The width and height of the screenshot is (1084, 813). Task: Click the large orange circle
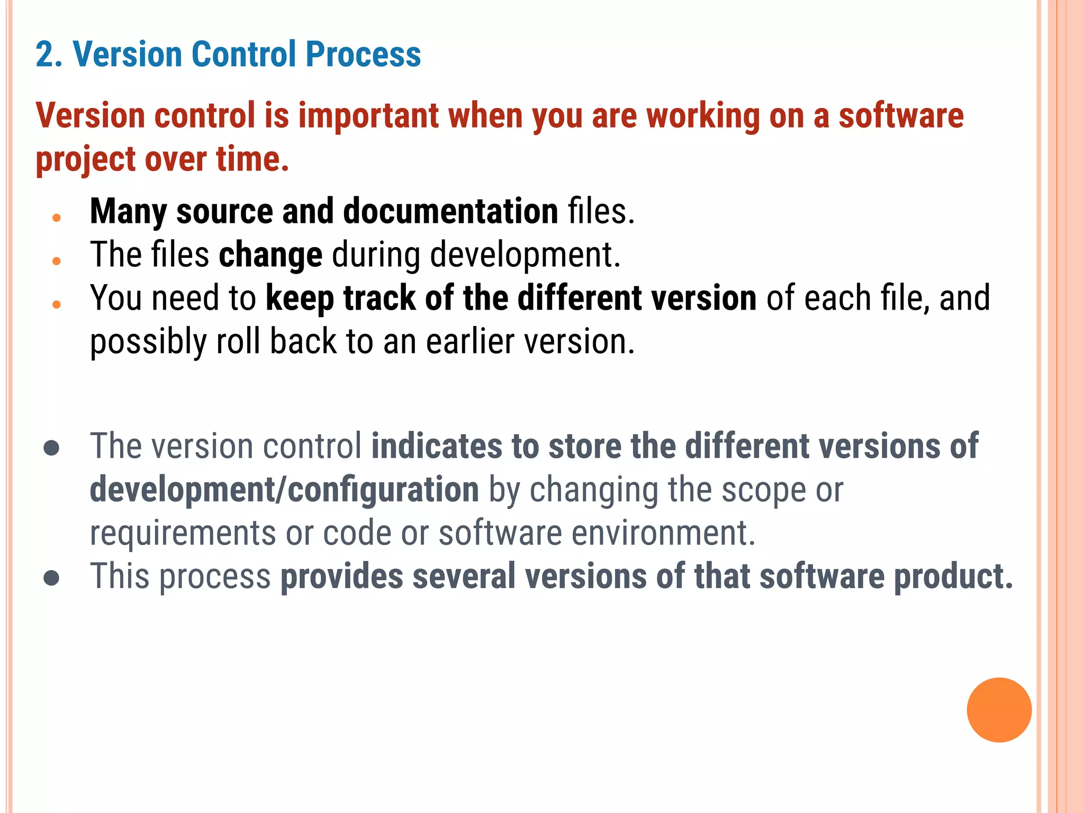point(999,710)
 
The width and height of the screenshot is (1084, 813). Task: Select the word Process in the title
point(363,55)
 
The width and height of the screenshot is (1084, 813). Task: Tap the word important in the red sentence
point(368,116)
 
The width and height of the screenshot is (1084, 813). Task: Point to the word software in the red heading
point(901,116)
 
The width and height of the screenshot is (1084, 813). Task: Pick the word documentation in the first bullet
point(450,211)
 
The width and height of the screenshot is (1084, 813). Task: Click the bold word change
point(270,255)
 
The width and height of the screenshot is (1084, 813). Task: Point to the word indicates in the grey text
point(437,446)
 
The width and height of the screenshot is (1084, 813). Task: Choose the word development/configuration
point(284,490)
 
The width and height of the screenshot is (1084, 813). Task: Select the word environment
point(660,533)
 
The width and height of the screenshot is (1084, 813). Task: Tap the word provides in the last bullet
point(341,576)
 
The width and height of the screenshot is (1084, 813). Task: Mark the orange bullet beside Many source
point(57,218)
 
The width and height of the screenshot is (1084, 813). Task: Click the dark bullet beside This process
point(51,578)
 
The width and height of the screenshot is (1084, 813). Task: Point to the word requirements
point(183,533)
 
